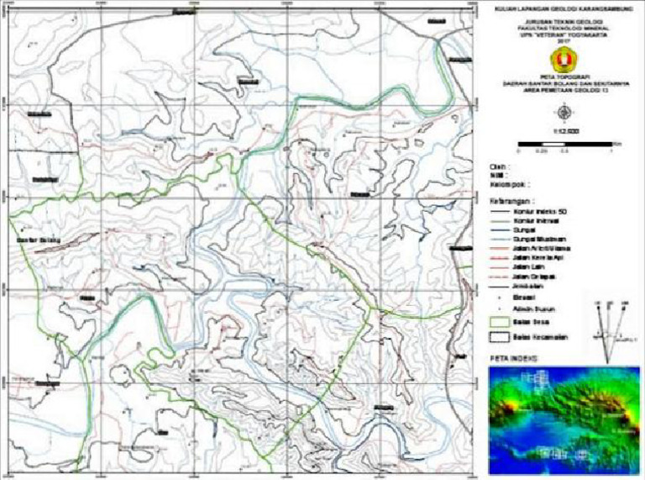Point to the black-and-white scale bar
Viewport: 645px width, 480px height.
(565, 145)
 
